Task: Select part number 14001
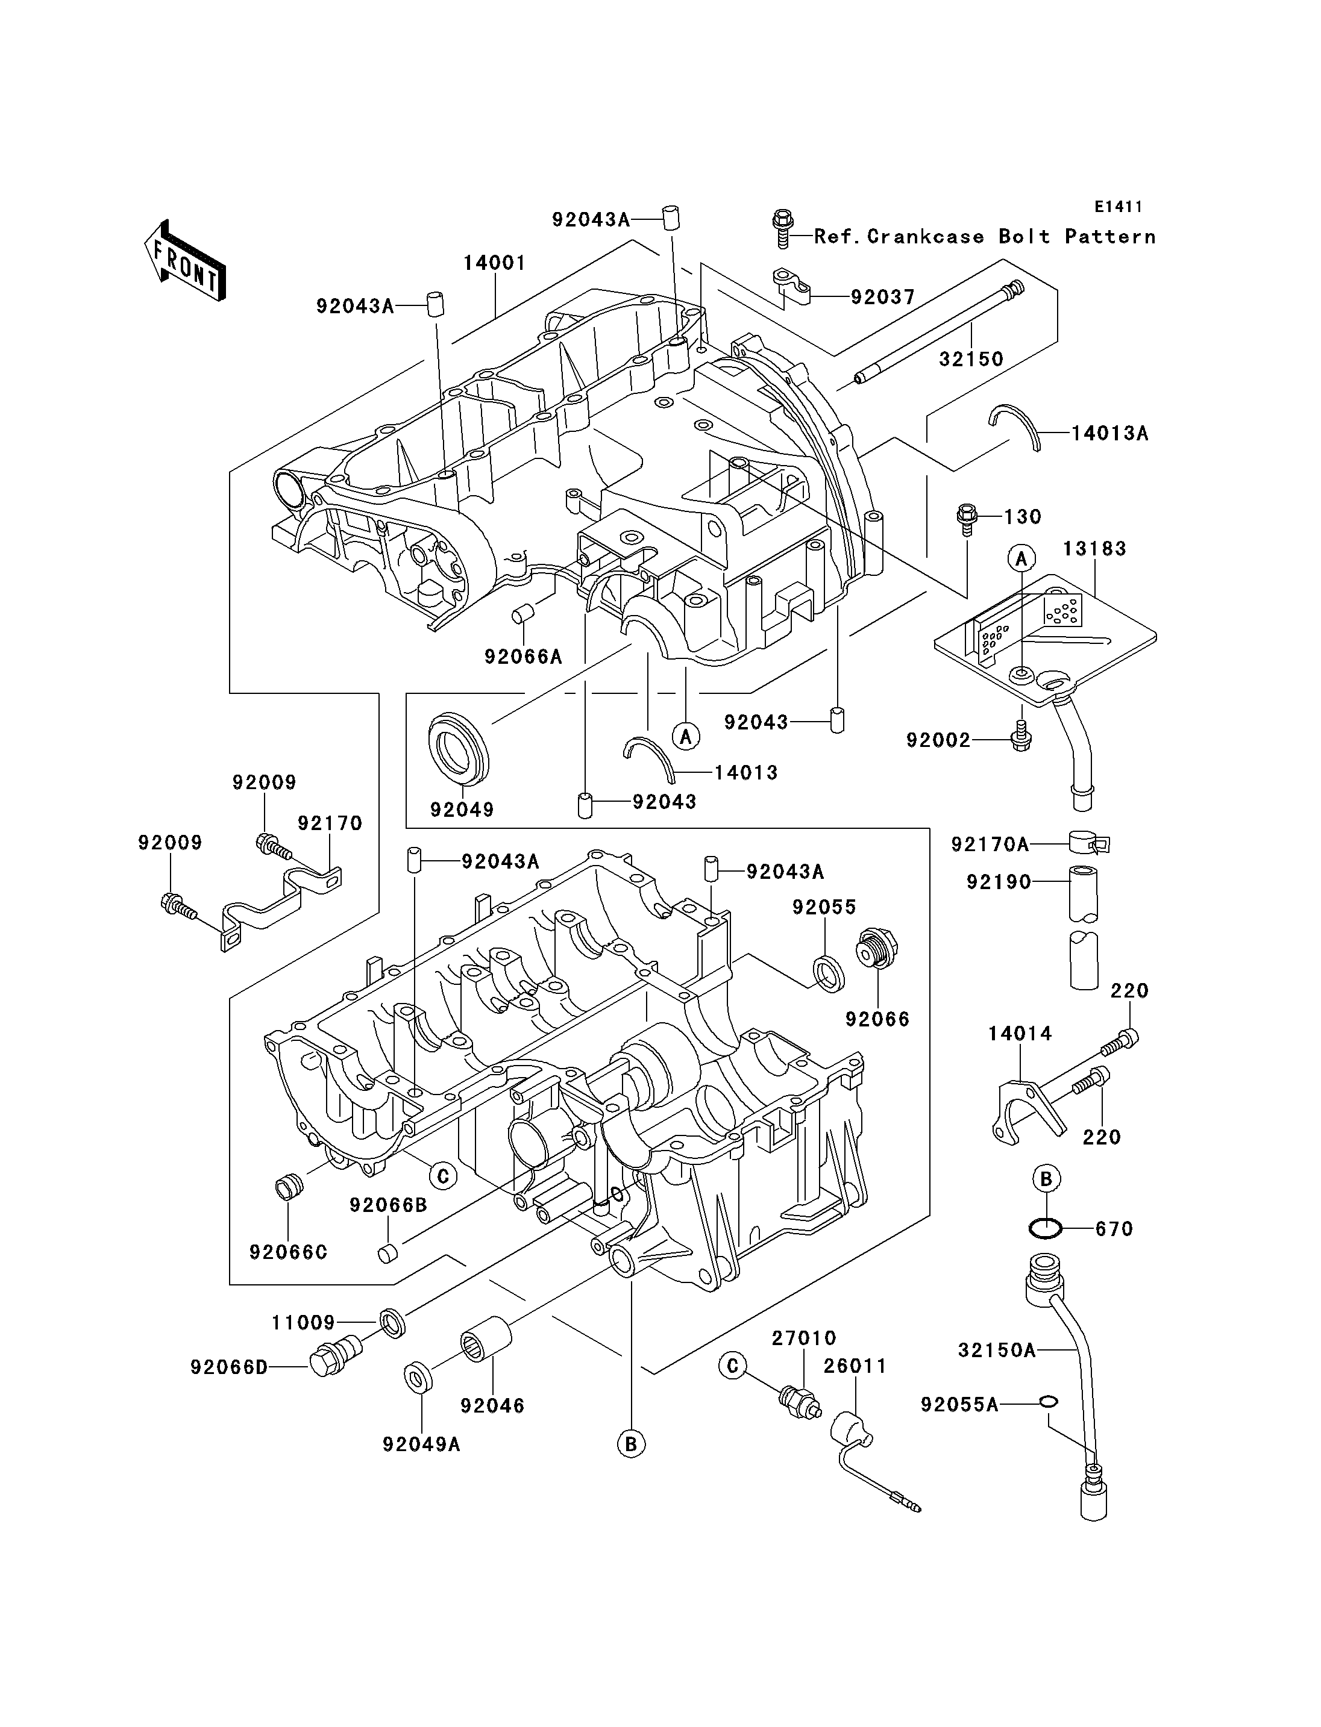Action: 494,263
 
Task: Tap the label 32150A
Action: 996,1351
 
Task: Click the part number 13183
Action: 1094,549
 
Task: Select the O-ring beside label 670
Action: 1045,1228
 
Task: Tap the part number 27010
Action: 803,1338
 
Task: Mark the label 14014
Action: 1020,1034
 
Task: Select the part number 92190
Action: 999,882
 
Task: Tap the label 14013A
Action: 1109,433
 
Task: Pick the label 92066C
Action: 288,1252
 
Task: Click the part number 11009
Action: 304,1323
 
